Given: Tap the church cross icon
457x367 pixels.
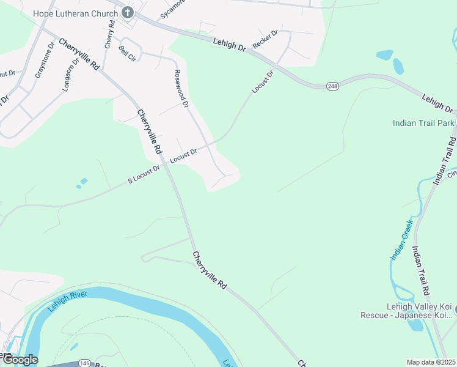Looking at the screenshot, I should (x=127, y=12).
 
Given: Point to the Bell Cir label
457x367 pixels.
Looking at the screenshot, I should (x=126, y=54).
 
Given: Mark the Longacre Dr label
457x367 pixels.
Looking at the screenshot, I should (x=71, y=75).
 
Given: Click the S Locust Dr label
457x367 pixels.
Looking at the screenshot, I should (x=143, y=174).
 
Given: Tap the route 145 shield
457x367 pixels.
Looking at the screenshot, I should (x=85, y=363).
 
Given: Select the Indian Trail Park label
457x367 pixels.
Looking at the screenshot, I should (x=423, y=123).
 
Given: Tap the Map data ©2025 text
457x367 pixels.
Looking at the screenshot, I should (x=431, y=362).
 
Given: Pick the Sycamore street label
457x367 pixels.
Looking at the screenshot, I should (x=172, y=10).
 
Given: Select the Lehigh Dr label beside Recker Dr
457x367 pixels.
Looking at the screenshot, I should (x=229, y=46).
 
